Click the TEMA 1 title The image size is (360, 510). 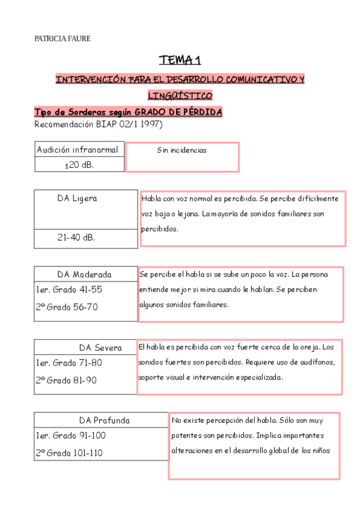coord(180,60)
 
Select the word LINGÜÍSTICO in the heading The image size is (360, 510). coord(180,96)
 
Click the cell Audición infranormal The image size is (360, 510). coord(78,150)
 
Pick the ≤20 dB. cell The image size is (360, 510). coord(79,165)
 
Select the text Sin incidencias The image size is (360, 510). coord(182,150)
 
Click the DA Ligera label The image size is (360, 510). coord(77,198)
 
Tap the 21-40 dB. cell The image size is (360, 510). coord(76,238)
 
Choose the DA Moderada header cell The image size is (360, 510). coord(85,274)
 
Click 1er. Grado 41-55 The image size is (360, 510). coord(69,290)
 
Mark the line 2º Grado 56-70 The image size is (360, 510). coord(66,307)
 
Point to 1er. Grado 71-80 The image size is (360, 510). coord(69,363)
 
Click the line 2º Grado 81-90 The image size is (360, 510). coord(66,380)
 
